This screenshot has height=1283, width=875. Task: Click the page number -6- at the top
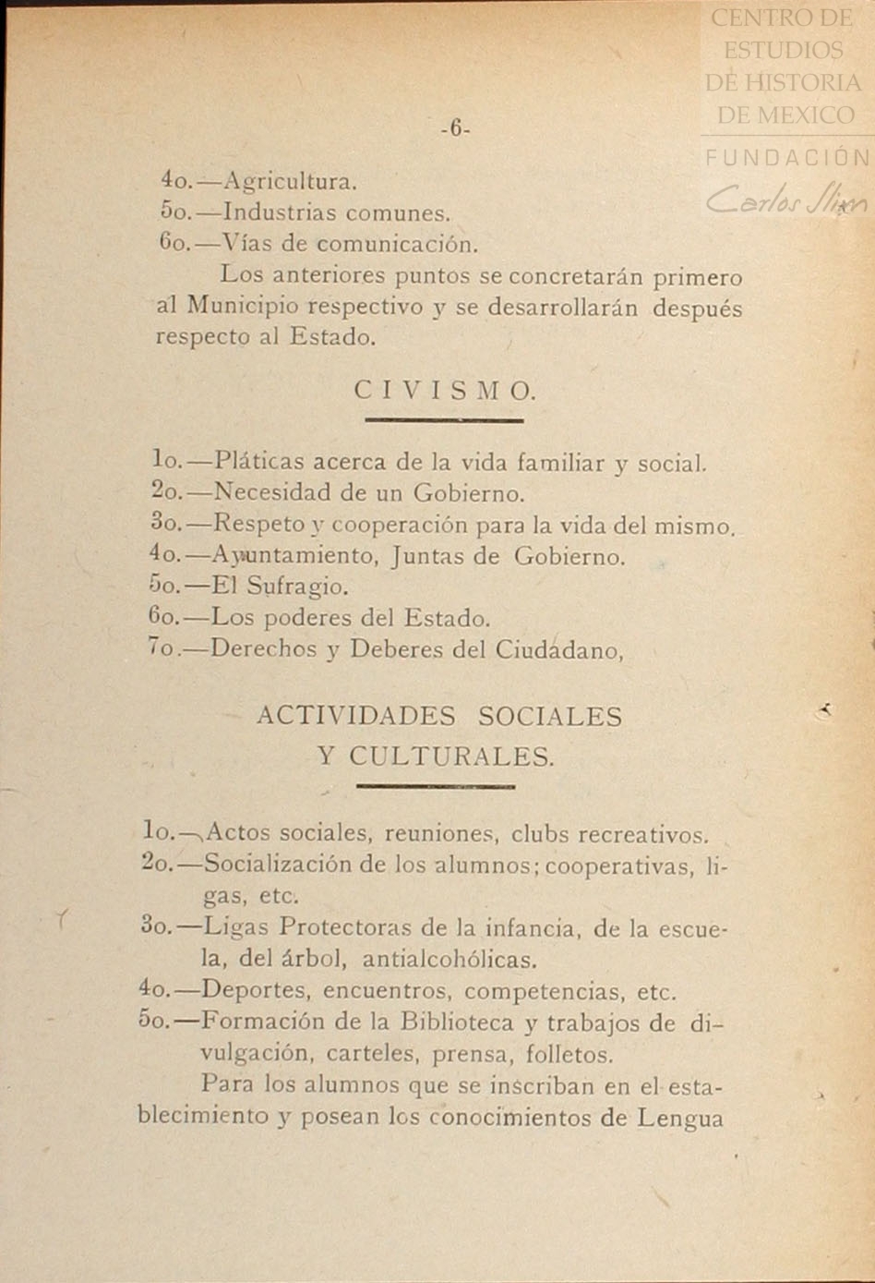[456, 130]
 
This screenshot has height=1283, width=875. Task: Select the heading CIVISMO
[444, 391]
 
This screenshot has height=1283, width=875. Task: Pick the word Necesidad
[269, 493]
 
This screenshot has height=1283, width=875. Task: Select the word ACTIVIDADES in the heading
[355, 717]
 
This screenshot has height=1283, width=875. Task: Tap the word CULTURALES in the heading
[451, 757]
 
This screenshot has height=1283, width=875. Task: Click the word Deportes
[254, 992]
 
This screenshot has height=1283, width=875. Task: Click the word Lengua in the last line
[680, 1119]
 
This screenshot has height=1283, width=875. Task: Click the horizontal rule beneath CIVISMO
[444, 421]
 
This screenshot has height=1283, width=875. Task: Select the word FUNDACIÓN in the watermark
[787, 158]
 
